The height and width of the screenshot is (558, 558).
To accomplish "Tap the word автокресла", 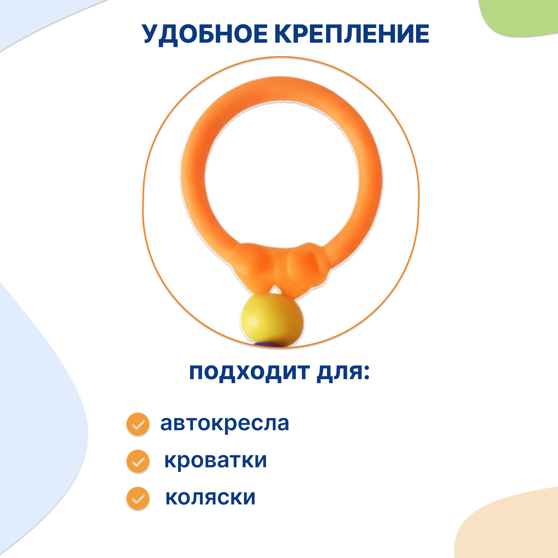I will point(224,424).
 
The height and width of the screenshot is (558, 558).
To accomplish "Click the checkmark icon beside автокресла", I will point(138,424).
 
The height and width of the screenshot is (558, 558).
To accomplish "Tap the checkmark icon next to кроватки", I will point(138,461).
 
